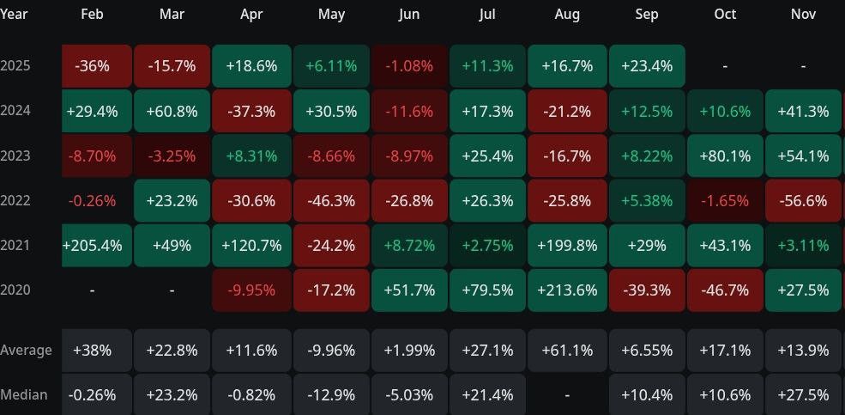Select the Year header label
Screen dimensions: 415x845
14,15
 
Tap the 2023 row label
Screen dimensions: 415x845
15,156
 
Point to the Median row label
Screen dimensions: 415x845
24,395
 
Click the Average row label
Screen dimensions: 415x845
26,351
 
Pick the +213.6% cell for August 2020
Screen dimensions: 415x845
567,290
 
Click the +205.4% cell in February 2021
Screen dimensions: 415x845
93,246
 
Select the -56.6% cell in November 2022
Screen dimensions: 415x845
805,201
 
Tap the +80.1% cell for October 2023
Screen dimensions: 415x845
725,156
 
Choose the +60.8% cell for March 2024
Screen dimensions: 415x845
172,112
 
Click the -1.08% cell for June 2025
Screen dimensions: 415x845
408,67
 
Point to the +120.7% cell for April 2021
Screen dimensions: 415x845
251,246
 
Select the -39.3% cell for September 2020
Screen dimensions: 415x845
647,290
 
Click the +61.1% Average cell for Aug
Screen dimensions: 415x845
567,351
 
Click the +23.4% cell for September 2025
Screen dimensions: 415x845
647,67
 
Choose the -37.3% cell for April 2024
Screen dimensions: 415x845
251,112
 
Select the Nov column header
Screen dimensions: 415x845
805,15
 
